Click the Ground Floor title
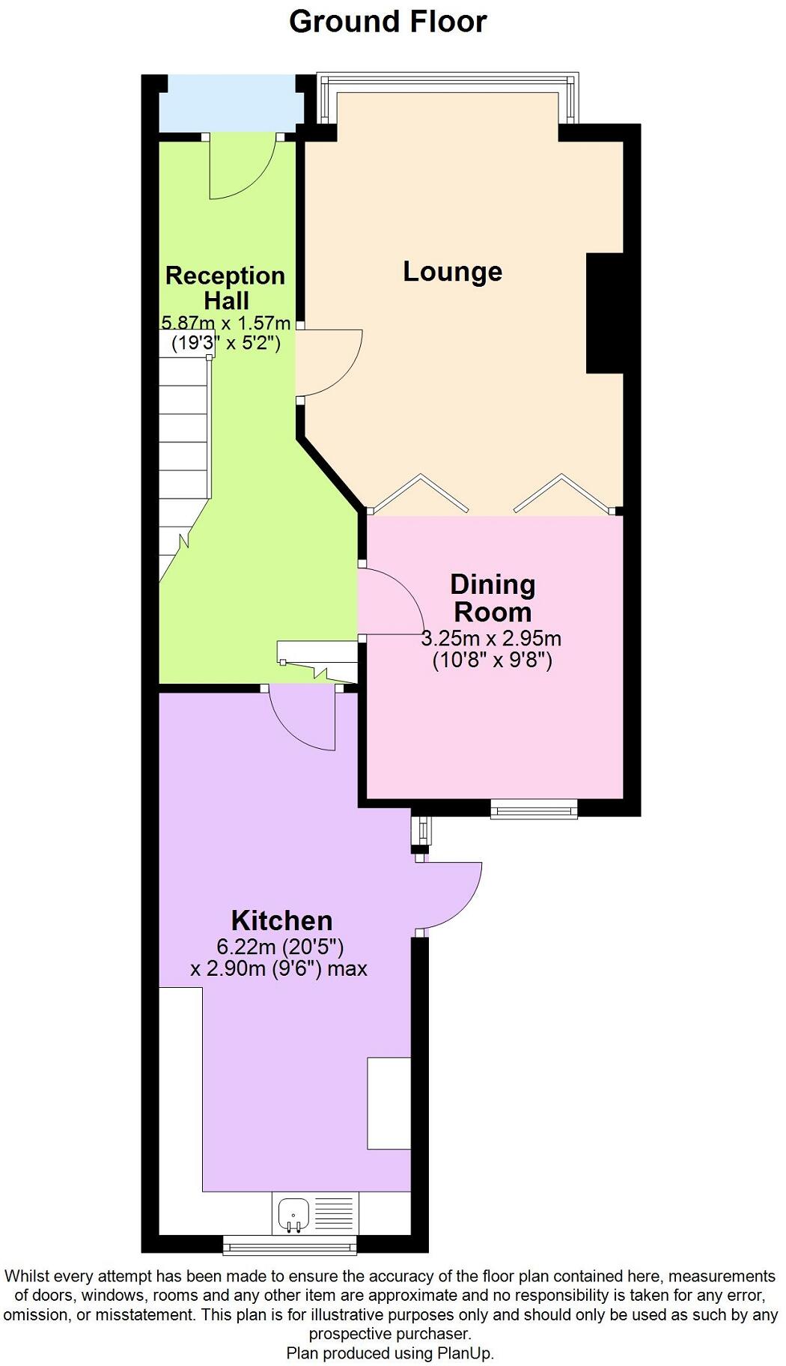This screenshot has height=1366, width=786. (388, 22)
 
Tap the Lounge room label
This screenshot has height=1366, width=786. (452, 271)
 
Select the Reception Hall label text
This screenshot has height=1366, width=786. (225, 288)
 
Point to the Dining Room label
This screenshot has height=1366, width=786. (493, 598)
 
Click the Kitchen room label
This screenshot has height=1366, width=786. (281, 920)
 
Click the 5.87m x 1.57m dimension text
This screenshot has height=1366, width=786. (225, 324)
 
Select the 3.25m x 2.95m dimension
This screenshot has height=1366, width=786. (491, 639)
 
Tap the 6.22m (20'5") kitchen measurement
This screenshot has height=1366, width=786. (280, 947)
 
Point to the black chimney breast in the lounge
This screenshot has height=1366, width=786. (604, 313)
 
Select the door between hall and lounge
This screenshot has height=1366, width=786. (329, 363)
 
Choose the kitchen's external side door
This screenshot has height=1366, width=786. (449, 897)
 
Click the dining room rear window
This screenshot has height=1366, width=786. (534, 809)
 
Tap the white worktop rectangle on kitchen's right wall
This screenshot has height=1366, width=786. (389, 1102)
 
